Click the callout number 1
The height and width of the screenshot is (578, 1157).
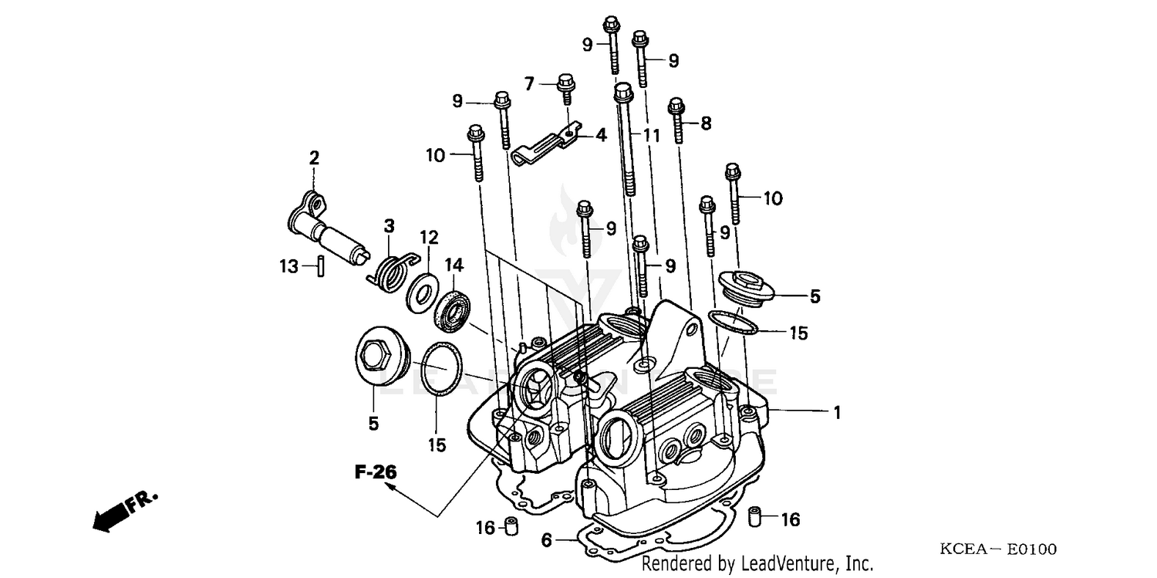tap(836, 413)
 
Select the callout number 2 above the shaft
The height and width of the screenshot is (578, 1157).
tap(314, 159)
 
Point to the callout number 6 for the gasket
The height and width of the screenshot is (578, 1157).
tap(546, 540)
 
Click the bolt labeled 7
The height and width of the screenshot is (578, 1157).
tap(565, 92)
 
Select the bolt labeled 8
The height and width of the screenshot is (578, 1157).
tap(677, 120)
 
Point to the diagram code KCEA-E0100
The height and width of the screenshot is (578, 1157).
tap(998, 549)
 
